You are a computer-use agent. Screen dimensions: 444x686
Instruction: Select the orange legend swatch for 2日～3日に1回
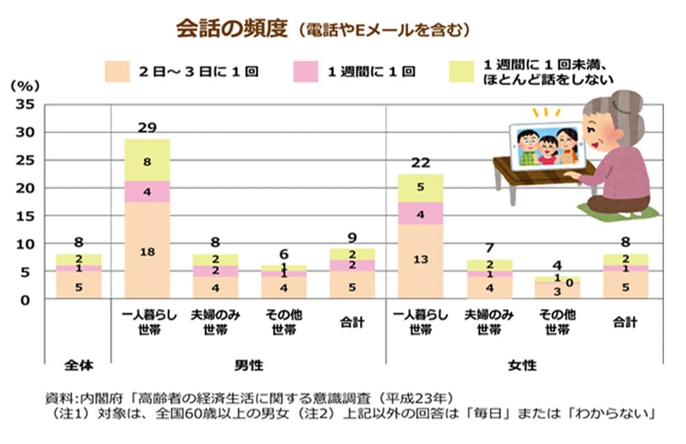click(x=117, y=71)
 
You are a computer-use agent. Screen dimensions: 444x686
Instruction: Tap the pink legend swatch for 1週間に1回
click(x=306, y=71)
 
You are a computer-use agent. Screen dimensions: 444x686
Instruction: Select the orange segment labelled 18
click(x=147, y=251)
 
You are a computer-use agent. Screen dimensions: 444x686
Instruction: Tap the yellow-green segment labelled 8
click(x=147, y=162)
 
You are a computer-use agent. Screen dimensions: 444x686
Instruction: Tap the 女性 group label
click(x=522, y=365)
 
